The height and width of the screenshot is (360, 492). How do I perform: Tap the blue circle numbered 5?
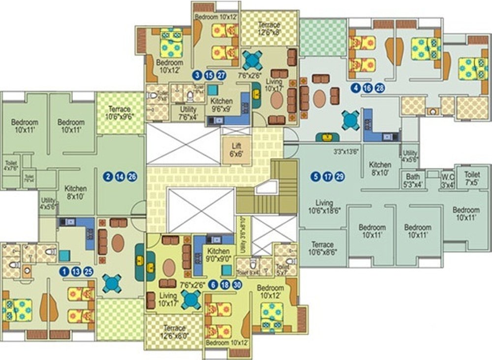(x=315, y=177)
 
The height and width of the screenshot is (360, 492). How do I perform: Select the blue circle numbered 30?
(x=238, y=284)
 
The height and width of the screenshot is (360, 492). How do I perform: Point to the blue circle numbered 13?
(x=75, y=271)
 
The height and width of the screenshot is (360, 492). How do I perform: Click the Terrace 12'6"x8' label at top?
(x=269, y=29)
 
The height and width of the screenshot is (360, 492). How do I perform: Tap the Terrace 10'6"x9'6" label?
(x=120, y=113)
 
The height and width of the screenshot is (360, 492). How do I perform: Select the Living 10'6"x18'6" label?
(x=324, y=206)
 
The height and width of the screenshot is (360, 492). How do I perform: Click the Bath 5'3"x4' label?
(x=413, y=180)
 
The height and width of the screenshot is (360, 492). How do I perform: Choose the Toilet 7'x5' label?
(x=472, y=178)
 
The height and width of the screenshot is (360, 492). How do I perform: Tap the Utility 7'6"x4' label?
(x=188, y=113)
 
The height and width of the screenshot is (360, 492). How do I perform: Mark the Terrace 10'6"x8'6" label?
(x=322, y=248)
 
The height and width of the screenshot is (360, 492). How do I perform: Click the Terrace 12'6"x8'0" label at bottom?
(x=175, y=331)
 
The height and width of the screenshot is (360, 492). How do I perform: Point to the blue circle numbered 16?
(x=367, y=89)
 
